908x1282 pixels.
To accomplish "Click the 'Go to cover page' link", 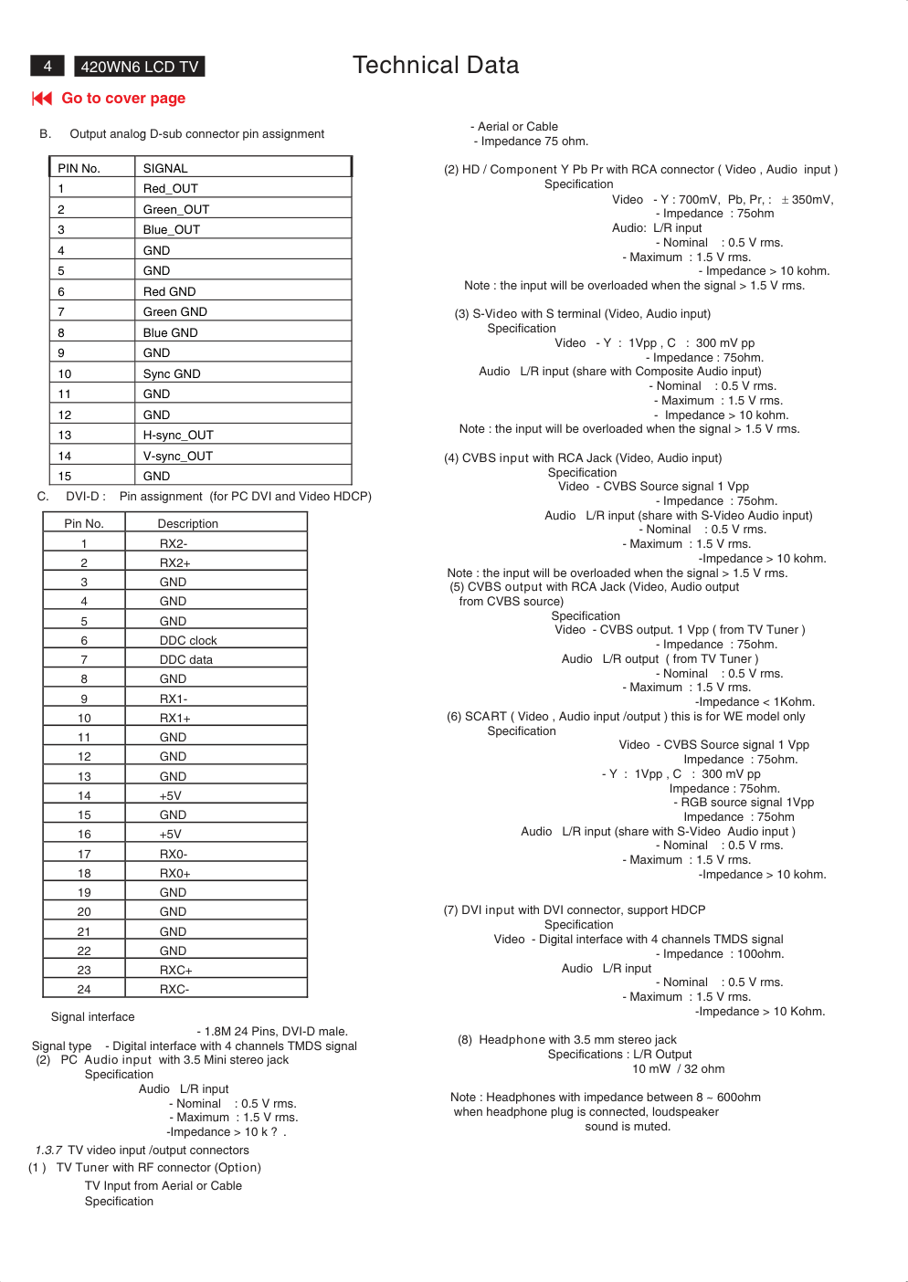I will [123, 99].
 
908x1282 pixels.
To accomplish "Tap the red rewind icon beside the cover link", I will [42, 99].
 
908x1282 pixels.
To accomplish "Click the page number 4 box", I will [48, 66].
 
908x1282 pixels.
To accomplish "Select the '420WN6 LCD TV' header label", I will [140, 67].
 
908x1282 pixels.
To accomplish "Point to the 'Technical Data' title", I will [436, 66].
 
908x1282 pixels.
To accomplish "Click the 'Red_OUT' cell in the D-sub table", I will [171, 189].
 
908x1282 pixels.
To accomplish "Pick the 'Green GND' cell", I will [175, 312].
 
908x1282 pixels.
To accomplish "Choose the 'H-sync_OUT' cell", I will [178, 436].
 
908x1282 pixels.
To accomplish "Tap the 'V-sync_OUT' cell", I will [178, 457].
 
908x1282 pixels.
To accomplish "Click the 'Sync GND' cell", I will [172, 374].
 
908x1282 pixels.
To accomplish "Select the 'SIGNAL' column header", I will [165, 169].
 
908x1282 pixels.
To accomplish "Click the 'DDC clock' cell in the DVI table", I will [188, 641].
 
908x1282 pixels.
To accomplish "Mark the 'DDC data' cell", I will [186, 660].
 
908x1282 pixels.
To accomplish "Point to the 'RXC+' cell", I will [176, 971].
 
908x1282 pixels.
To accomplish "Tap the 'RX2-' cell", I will [174, 544].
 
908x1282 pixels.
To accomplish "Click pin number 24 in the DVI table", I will [84, 990].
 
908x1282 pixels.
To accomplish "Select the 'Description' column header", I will [188, 524].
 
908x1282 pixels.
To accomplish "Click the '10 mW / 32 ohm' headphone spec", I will [679, 1069].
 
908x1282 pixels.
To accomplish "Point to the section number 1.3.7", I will [48, 1151].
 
